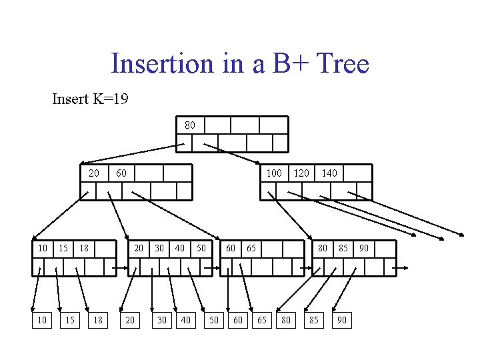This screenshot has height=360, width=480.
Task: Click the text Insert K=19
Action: click(x=90, y=99)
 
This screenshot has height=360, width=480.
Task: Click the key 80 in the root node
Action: click(x=190, y=125)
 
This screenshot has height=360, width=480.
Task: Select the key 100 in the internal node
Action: click(x=274, y=173)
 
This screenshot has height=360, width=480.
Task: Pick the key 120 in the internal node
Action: click(x=301, y=173)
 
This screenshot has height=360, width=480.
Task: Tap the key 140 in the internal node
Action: click(x=329, y=173)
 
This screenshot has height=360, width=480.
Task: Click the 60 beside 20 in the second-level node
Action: click(x=121, y=173)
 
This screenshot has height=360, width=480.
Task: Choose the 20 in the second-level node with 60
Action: click(x=94, y=173)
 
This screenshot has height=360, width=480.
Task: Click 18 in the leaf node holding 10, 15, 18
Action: click(x=84, y=248)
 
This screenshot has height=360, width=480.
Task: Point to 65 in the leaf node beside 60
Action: click(x=251, y=248)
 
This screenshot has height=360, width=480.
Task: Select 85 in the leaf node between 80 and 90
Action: click(x=343, y=248)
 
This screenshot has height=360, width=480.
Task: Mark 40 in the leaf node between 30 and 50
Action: click(x=179, y=248)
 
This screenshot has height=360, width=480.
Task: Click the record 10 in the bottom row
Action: click(x=42, y=321)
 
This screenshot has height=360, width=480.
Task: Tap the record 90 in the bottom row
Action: click(x=341, y=321)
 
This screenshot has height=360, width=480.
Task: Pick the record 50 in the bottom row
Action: click(x=214, y=321)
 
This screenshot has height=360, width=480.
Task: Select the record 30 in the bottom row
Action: click(x=161, y=321)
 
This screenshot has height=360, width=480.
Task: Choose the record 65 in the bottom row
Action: click(x=261, y=321)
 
